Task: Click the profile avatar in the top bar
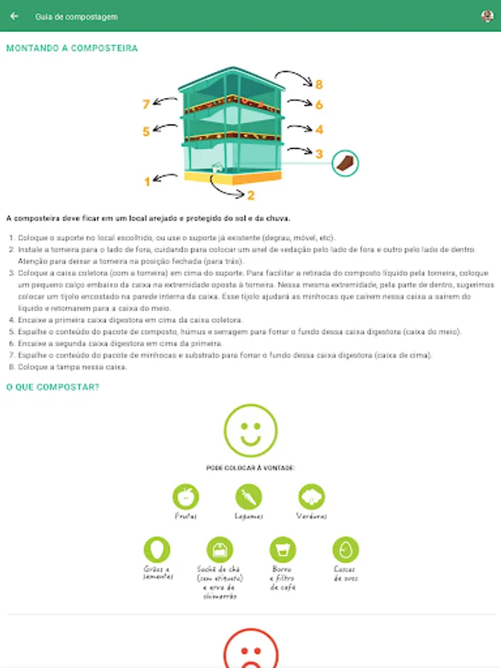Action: point(487,16)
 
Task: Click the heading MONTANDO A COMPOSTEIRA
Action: point(72,48)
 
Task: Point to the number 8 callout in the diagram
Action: point(319,84)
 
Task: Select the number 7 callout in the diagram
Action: point(146,104)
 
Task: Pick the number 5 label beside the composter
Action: point(146,131)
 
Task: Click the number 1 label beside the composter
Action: point(147,181)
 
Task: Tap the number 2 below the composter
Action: point(251,196)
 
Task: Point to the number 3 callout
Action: point(319,154)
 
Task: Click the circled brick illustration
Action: point(344,163)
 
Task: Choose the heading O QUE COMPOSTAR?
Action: point(53,387)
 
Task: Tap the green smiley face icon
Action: point(250,430)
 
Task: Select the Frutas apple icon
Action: point(186,497)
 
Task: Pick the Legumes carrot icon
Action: point(249,497)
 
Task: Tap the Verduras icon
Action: point(312,497)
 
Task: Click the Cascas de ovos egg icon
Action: point(345,550)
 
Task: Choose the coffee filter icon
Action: point(283,550)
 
